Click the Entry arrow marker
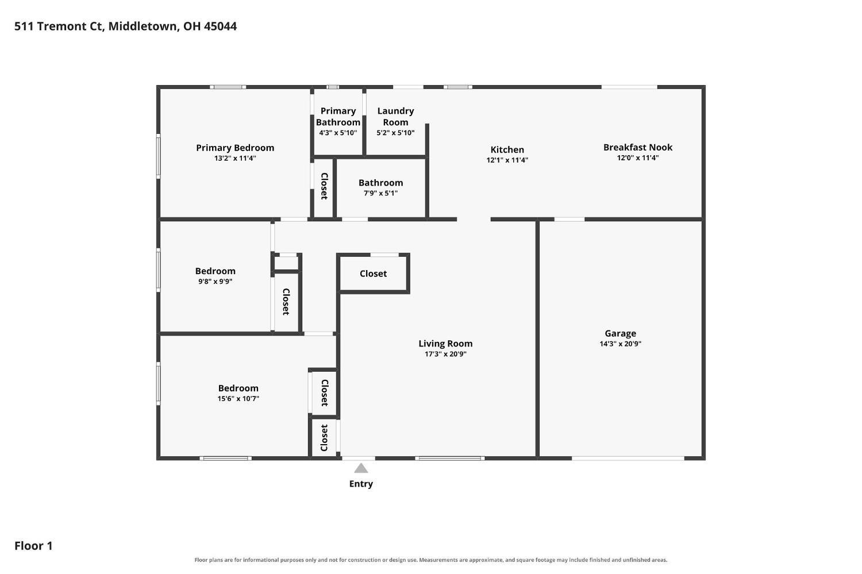click(x=360, y=468)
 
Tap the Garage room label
click(x=620, y=334)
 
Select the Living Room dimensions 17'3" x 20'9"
click(x=445, y=354)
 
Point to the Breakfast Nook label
click(x=638, y=147)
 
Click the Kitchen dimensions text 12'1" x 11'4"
click(x=507, y=160)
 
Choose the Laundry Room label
click(x=395, y=117)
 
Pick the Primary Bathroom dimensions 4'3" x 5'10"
click(x=338, y=133)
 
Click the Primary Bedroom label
click(x=235, y=148)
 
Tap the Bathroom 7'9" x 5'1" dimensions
click(x=380, y=193)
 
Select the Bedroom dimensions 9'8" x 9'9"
click(x=215, y=282)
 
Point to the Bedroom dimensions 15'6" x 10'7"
click(x=238, y=399)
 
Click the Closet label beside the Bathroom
click(x=324, y=186)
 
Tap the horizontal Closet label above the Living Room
click(x=374, y=273)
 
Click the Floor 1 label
click(x=33, y=546)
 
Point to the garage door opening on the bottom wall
click(x=628, y=458)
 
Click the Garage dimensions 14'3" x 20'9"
click(x=620, y=344)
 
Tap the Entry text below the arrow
click(x=361, y=484)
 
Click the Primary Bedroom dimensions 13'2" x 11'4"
click(x=235, y=158)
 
